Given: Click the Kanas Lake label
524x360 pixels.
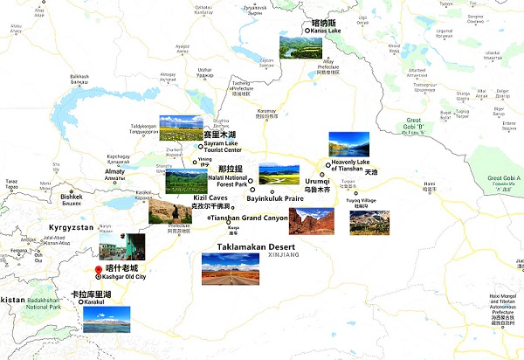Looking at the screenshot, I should (325, 31).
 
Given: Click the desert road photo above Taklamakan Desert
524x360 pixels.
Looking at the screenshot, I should (230, 269).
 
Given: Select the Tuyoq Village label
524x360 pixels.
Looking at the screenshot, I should (363, 201).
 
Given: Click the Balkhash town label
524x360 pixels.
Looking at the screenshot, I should (79, 78).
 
